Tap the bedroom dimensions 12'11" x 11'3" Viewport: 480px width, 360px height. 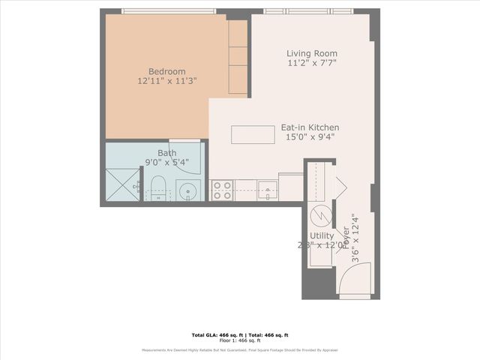(x=167, y=79)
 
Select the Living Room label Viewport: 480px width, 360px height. (x=312, y=53)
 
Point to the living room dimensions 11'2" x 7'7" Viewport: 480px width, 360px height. (x=312, y=64)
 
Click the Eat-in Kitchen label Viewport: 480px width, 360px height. (x=310, y=127)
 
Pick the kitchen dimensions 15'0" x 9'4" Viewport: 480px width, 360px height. (x=310, y=137)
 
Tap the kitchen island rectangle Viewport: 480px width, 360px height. (x=252, y=134)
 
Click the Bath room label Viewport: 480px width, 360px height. (x=166, y=153)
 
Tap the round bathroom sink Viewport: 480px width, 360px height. (x=189, y=190)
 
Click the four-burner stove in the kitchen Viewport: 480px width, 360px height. (x=222, y=190)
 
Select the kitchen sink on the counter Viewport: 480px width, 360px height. (x=267, y=187)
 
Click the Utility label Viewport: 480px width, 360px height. (x=322, y=235)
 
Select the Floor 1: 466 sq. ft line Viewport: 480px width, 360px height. (x=240, y=340)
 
